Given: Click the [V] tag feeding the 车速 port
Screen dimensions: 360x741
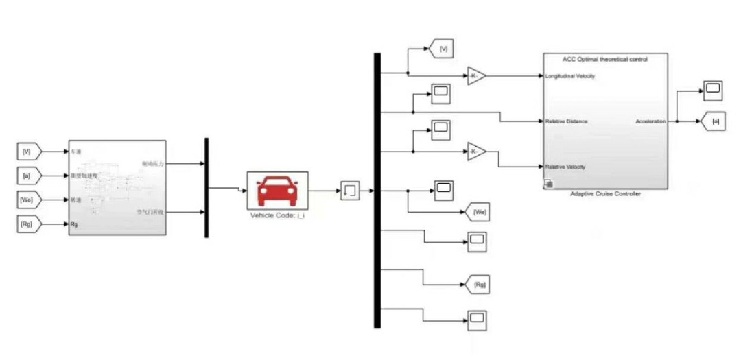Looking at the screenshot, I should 28,150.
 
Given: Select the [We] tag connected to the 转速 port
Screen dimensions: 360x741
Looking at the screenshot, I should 28,200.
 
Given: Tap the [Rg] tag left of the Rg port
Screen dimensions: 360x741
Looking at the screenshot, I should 28,224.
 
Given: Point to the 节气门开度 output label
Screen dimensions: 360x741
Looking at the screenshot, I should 149,213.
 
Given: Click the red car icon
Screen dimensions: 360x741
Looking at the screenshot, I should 277,190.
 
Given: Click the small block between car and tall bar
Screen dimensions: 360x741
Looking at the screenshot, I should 349,190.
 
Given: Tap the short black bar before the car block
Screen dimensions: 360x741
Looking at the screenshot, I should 206,187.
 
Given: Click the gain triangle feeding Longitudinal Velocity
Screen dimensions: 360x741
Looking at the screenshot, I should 476,76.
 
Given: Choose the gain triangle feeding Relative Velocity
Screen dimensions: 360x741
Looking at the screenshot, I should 476,152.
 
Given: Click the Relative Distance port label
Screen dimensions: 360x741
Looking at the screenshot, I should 567,121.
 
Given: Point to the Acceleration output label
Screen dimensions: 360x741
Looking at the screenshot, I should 650,121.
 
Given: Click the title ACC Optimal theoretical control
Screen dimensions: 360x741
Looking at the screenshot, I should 604,60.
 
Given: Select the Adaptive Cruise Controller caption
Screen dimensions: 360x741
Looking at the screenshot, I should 604,194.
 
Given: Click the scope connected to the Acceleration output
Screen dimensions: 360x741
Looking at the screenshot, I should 713,88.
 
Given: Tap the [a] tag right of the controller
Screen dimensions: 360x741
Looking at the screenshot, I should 715,121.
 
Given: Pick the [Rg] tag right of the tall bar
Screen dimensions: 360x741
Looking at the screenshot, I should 479,283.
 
